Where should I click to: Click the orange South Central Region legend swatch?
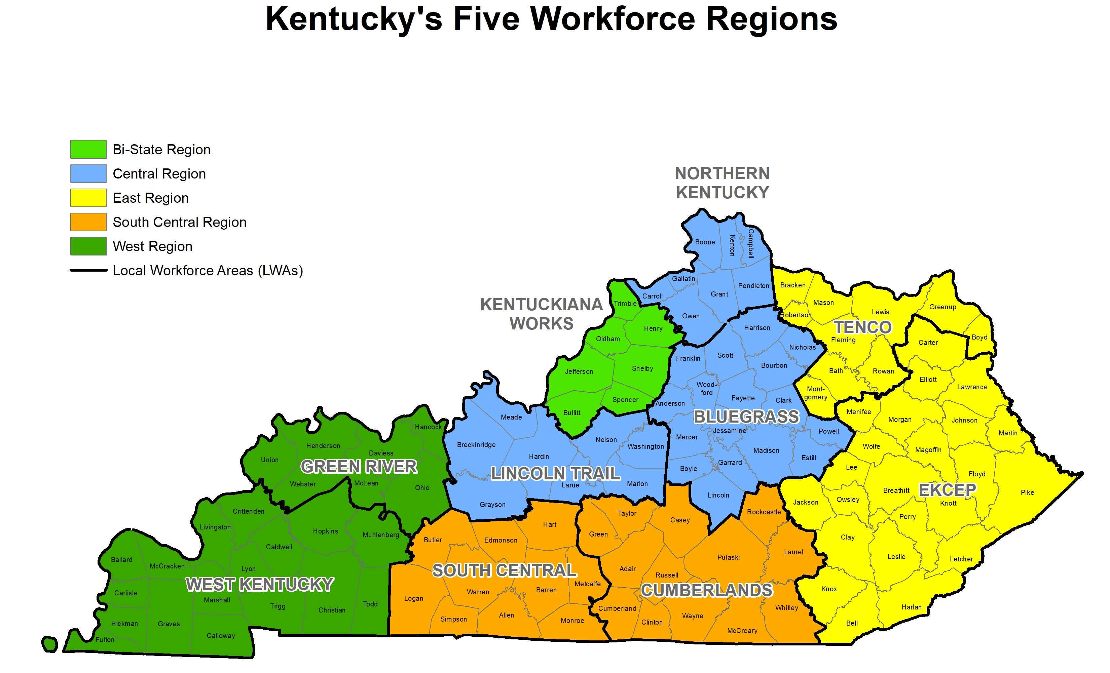click(x=88, y=222)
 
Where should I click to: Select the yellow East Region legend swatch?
click(x=88, y=198)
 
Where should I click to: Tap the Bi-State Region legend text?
click(x=161, y=150)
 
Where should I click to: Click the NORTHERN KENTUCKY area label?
click(x=722, y=183)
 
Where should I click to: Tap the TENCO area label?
click(x=862, y=327)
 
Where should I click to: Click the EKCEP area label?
click(x=947, y=490)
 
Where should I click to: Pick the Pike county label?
click(x=1027, y=492)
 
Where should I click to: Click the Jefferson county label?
click(x=579, y=371)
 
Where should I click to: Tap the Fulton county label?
click(x=105, y=640)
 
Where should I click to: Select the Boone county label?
click(x=705, y=242)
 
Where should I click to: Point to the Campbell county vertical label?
click(x=750, y=243)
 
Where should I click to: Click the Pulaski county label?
click(x=729, y=557)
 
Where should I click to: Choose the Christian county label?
click(x=332, y=610)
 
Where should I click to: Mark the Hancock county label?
click(x=428, y=427)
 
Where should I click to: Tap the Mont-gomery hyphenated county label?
click(x=815, y=393)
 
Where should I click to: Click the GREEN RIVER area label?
click(x=359, y=467)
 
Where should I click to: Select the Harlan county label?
click(x=911, y=607)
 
